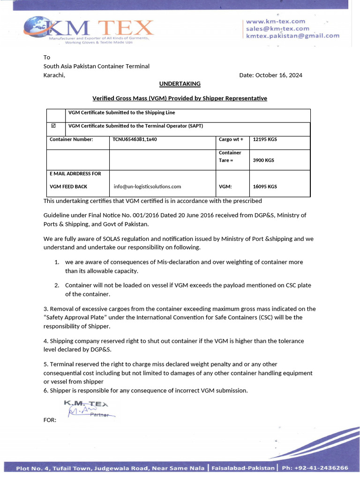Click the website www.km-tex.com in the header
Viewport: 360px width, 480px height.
click(x=275, y=21)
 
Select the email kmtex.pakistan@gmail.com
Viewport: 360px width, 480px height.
click(x=292, y=36)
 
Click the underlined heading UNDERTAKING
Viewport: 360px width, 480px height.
click(x=180, y=84)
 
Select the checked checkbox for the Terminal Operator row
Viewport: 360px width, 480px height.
click(x=53, y=126)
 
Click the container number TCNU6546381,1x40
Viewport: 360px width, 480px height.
click(x=134, y=139)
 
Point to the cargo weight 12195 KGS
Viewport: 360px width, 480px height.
click(x=265, y=139)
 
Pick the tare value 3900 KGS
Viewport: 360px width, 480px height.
click(x=263, y=160)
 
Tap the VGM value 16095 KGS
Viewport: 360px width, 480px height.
click(x=264, y=187)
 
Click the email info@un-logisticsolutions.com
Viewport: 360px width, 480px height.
click(x=147, y=187)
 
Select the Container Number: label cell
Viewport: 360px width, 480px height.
click(x=71, y=139)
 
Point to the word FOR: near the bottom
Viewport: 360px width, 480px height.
click(x=50, y=420)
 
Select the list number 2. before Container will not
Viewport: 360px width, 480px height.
click(x=56, y=285)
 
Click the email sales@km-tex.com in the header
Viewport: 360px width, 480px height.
click(x=277, y=29)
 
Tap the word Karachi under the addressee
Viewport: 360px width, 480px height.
click(x=54, y=75)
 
